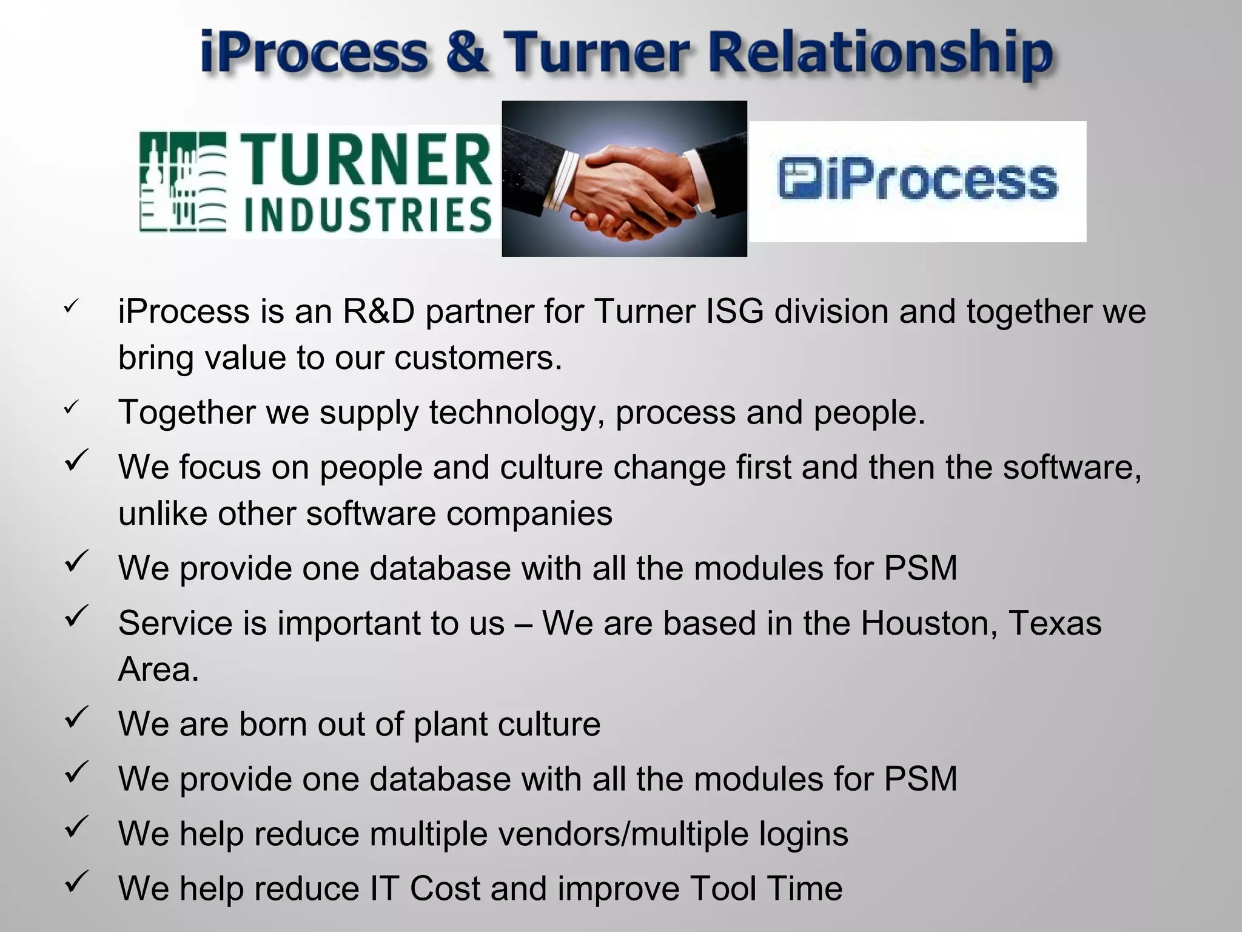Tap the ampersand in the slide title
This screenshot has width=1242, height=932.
click(465, 53)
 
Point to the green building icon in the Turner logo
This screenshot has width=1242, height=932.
click(183, 182)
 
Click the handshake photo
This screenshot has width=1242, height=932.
click(624, 178)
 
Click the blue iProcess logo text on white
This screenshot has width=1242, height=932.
click(940, 180)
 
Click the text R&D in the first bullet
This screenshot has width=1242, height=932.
click(379, 311)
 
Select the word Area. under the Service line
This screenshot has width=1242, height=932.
click(158, 669)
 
